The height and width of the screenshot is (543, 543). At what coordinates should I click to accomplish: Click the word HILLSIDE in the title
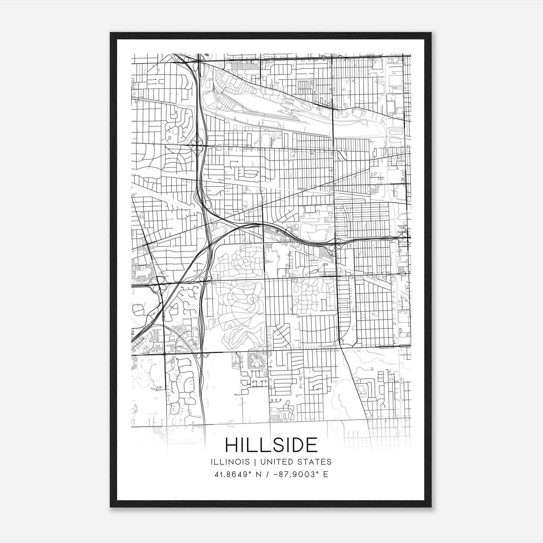[271, 445]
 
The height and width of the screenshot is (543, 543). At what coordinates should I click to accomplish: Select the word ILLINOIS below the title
[230, 462]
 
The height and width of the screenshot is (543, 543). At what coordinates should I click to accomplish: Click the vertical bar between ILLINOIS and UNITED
[250, 462]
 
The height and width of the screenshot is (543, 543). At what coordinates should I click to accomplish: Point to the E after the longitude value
[326, 474]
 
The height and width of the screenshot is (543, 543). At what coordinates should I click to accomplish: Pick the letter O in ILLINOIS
[239, 462]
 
